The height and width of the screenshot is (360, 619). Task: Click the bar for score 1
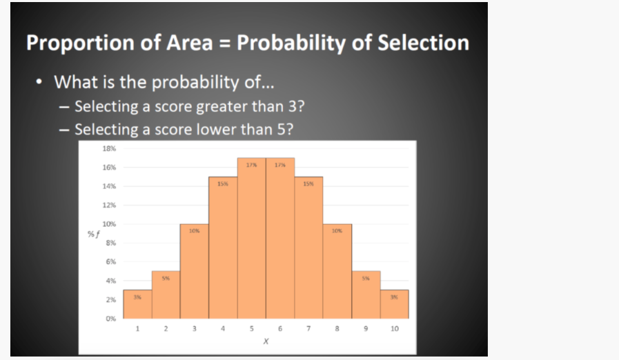tap(137, 304)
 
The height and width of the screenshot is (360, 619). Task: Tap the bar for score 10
tap(394, 304)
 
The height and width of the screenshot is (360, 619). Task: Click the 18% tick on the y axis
tap(110, 148)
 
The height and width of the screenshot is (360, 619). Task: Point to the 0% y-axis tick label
tap(110, 319)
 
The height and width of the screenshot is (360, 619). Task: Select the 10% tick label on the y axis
tap(110, 224)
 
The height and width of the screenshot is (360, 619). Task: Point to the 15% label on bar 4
tap(223, 184)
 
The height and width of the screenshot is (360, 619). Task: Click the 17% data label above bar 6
tap(280, 165)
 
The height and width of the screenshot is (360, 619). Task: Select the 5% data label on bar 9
tap(366, 278)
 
